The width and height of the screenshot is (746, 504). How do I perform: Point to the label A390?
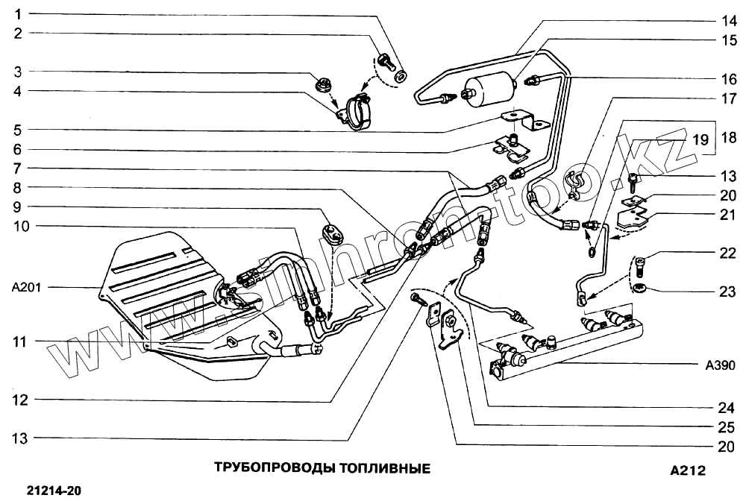tap(720, 365)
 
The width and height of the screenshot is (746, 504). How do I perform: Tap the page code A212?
tap(687, 470)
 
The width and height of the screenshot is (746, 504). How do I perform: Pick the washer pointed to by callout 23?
tap(641, 287)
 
